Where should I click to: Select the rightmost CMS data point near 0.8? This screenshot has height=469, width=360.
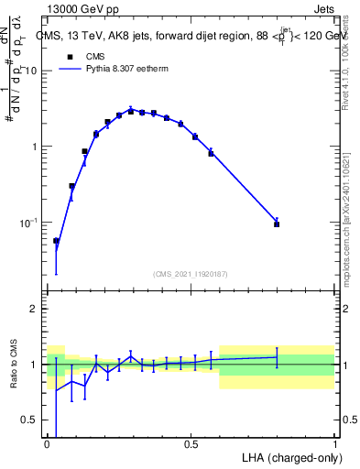[x=277, y=224]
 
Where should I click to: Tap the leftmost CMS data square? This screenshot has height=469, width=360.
[x=56, y=241]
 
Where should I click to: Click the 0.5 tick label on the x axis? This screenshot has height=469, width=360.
[x=191, y=444]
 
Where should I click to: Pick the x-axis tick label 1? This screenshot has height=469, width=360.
[x=334, y=444]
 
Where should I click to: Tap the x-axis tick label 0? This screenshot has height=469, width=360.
[x=47, y=444]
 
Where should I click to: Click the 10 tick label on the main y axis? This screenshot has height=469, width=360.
[x=30, y=71]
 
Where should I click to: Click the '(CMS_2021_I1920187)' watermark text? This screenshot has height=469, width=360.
[x=191, y=273]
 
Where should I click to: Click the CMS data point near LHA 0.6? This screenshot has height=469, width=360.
[x=211, y=153]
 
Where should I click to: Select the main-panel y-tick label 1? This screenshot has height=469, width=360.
[x=34, y=147]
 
